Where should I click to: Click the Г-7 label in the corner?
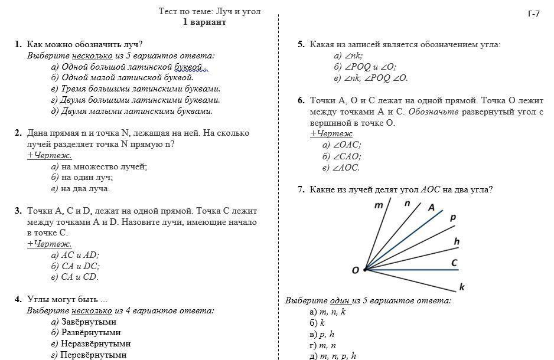click(x=533, y=14)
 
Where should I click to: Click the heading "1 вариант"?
click(x=204, y=22)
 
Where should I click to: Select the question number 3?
click(x=18, y=211)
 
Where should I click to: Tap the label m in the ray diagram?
click(x=379, y=205)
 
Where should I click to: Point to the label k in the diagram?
click(x=461, y=287)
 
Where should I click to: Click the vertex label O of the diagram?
click(x=356, y=270)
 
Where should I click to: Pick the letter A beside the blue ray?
click(x=431, y=207)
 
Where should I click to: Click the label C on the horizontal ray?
click(x=454, y=262)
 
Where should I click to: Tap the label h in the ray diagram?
click(x=457, y=241)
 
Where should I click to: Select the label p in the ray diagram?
click(x=453, y=218)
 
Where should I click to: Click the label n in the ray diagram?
click(x=407, y=202)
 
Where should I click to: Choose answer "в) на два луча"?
click(x=80, y=188)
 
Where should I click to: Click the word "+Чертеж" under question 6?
click(x=331, y=133)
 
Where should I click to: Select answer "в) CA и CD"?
click(x=75, y=277)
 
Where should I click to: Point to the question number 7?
click(x=301, y=189)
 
